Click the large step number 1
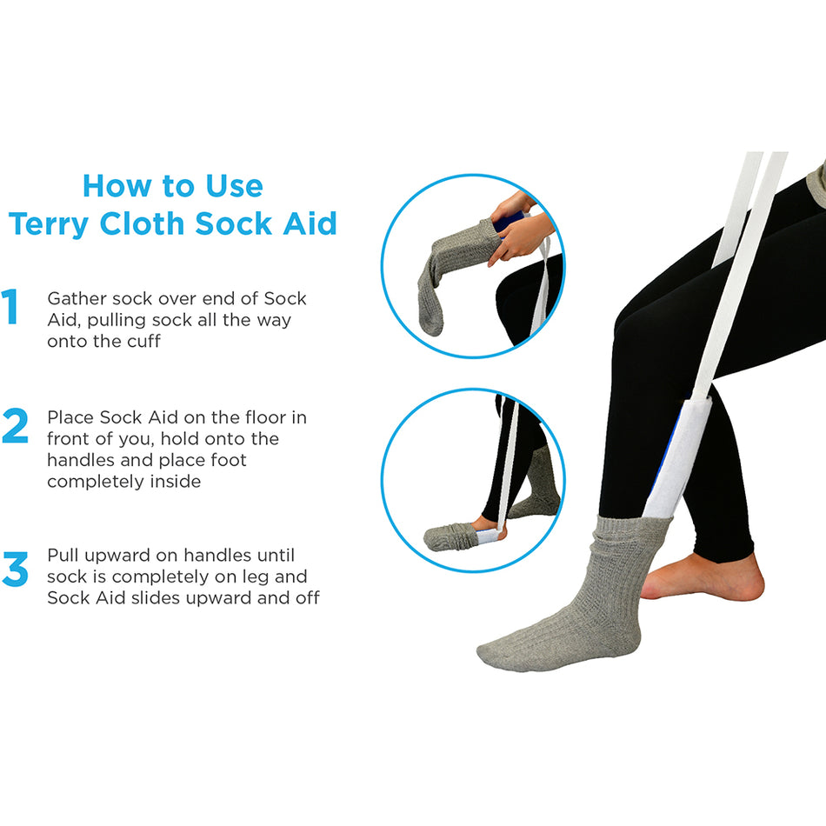click(x=11, y=309)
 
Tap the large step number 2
click(x=15, y=426)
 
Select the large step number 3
click(x=15, y=567)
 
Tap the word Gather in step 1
click(x=77, y=299)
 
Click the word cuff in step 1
click(x=141, y=342)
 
